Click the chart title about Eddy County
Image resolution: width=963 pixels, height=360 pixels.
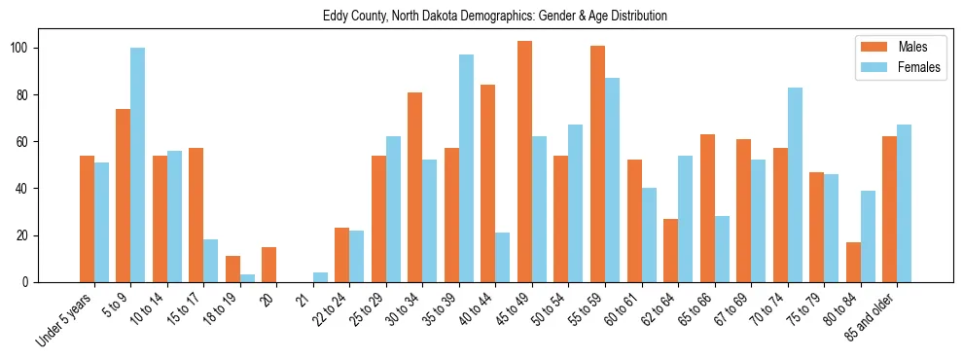[494, 17]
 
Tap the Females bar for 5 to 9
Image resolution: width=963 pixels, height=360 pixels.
[137, 165]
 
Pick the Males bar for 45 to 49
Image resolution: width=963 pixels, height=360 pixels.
[524, 162]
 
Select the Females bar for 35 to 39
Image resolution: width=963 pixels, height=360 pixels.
[466, 168]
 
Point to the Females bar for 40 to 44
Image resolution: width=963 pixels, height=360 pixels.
[503, 257]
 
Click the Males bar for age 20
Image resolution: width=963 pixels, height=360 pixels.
[268, 265]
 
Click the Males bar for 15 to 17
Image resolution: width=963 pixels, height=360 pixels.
[196, 215]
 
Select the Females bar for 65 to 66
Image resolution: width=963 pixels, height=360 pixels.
[722, 249]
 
